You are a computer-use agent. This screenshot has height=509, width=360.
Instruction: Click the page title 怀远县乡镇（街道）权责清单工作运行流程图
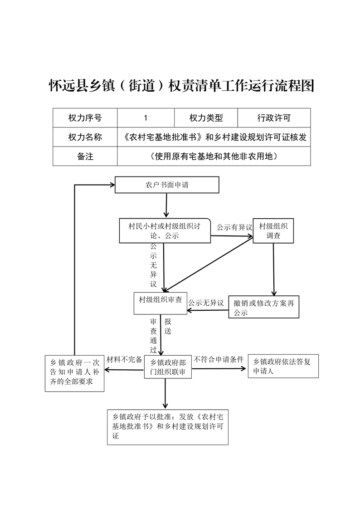182,86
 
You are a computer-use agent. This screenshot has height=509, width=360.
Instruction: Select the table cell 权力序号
85,118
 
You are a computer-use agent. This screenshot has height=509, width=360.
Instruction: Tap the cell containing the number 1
146,118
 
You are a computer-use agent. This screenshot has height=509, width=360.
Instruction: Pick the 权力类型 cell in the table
206,118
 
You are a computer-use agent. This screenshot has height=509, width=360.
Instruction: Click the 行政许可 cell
274,118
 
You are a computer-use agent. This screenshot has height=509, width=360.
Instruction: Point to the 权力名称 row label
85,137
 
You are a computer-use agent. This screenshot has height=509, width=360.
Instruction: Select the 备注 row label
85,156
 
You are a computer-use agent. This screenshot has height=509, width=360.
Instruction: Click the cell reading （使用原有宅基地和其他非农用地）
214,156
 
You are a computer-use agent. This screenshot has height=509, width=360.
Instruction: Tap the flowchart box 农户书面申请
167,185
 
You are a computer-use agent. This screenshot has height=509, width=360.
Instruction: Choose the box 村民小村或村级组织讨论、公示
165,231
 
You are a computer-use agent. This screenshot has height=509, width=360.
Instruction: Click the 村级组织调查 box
273,231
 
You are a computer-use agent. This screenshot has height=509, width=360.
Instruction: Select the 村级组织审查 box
160,303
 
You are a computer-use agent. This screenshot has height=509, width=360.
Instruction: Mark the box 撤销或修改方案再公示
264,307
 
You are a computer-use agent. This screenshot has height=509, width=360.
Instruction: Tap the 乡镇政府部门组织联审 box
168,367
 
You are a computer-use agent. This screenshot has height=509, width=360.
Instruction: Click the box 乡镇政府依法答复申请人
283,366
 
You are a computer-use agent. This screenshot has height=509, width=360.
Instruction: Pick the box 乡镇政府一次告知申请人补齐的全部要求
74,373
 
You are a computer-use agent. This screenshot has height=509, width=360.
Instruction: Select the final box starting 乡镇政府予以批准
168,427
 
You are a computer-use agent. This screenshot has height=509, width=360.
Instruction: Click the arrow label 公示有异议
234,227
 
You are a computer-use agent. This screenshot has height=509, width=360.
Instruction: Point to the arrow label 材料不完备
125,359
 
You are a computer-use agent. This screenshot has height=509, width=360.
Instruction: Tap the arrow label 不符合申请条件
219,359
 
